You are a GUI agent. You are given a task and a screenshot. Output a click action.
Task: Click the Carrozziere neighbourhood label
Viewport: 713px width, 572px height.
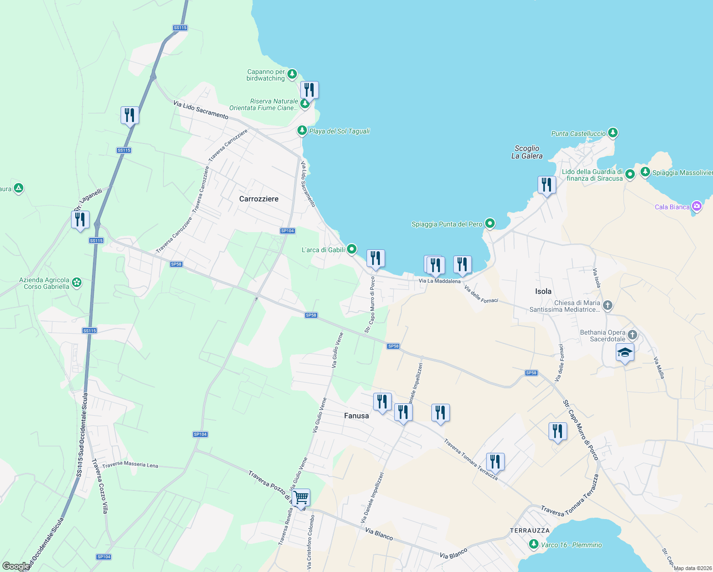[x=259, y=199]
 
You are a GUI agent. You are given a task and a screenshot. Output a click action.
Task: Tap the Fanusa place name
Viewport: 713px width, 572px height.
[x=356, y=416]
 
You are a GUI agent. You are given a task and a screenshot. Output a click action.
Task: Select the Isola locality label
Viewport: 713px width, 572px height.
[x=543, y=291]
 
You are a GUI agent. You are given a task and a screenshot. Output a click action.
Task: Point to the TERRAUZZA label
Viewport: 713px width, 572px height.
[x=530, y=531]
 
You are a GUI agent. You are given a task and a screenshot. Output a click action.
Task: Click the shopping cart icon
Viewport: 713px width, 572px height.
[x=301, y=498]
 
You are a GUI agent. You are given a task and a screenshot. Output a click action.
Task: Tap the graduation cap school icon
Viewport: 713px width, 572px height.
[x=625, y=353]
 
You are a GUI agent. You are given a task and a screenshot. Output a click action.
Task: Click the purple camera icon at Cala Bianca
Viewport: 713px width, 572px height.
[x=697, y=206]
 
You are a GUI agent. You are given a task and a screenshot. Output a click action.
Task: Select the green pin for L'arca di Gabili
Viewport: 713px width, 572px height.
[x=352, y=249]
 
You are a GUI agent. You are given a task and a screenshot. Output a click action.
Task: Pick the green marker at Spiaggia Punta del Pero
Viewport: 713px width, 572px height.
[x=490, y=223]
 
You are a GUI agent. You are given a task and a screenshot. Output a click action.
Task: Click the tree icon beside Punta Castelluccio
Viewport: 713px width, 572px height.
[x=613, y=133]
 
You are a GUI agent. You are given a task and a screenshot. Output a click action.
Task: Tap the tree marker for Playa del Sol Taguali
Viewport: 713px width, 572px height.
[x=302, y=130]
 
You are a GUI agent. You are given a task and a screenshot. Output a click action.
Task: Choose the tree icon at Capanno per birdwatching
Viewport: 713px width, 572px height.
[x=292, y=74]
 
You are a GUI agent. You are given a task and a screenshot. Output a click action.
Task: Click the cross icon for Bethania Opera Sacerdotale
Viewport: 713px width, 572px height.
[x=632, y=335]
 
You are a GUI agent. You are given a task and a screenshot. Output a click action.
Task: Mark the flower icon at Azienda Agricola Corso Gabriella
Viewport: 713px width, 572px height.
[x=77, y=283]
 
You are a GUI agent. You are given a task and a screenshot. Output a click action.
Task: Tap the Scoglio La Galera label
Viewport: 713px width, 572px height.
[x=527, y=152]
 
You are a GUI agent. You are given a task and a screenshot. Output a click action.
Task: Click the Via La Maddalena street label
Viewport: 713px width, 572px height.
[x=439, y=281]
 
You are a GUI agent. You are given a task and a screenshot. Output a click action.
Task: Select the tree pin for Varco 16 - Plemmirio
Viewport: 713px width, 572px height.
[x=534, y=544]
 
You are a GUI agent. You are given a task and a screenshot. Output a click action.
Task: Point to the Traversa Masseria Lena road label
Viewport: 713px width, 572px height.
[x=130, y=465]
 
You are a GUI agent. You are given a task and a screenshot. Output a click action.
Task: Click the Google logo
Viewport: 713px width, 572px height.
[x=16, y=566]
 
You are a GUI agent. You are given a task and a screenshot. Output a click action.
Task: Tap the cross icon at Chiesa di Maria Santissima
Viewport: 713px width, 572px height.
[x=608, y=305]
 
